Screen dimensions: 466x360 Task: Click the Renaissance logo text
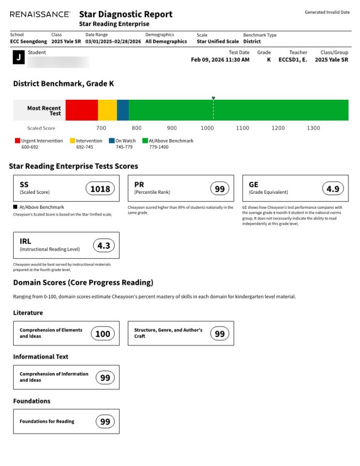(40, 15)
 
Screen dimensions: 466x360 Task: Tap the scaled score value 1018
(100, 189)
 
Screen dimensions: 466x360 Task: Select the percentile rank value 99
(220, 189)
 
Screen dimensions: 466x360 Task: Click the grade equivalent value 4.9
(333, 189)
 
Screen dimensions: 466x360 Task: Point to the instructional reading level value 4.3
(104, 246)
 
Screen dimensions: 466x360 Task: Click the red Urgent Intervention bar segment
(81, 110)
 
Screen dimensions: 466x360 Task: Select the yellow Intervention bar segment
(107, 110)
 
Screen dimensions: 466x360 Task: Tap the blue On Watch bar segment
(123, 110)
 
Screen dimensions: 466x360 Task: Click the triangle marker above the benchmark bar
(213, 98)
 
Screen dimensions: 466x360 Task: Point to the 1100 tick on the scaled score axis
(242, 128)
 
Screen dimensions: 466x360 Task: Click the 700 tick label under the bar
(101, 128)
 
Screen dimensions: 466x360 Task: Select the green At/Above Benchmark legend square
(144, 141)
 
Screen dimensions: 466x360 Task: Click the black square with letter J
(18, 58)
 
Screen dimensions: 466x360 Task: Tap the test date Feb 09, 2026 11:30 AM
(220, 60)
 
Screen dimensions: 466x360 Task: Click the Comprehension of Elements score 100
(103, 334)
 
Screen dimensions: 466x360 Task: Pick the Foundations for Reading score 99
(105, 422)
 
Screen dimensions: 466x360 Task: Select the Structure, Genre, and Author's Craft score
(220, 334)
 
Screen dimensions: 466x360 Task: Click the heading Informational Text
(41, 357)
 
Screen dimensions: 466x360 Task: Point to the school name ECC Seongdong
(28, 42)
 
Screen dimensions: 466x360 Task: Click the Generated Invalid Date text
(327, 13)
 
